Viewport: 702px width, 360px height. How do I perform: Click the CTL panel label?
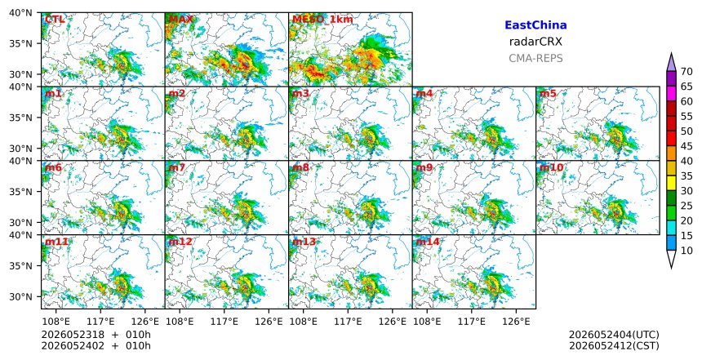[x=55, y=20]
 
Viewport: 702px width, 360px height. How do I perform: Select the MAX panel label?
[x=181, y=20]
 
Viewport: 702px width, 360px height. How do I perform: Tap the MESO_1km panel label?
[x=322, y=20]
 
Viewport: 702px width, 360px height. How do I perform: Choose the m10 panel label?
[x=551, y=167]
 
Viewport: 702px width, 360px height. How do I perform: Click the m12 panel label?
[x=180, y=242]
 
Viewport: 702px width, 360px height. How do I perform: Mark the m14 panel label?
[x=428, y=242]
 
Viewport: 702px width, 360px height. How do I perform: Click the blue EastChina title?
[x=535, y=25]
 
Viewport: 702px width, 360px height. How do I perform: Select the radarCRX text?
[x=535, y=42]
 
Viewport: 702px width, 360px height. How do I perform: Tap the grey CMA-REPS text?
[x=535, y=58]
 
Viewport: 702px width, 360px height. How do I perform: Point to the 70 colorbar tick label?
[x=686, y=72]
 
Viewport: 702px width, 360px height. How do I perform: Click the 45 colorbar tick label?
[x=686, y=146]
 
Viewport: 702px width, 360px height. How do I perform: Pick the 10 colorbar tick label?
[x=686, y=251]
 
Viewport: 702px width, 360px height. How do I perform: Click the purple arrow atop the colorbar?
[x=671, y=62]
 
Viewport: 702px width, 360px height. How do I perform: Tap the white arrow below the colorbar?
[x=671, y=259]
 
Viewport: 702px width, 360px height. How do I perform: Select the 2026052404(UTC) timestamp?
[x=614, y=335]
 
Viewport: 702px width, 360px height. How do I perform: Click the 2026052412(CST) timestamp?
[x=614, y=345]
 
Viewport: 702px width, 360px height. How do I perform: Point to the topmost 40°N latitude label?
[x=20, y=12]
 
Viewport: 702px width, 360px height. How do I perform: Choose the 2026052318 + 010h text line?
[x=96, y=335]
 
